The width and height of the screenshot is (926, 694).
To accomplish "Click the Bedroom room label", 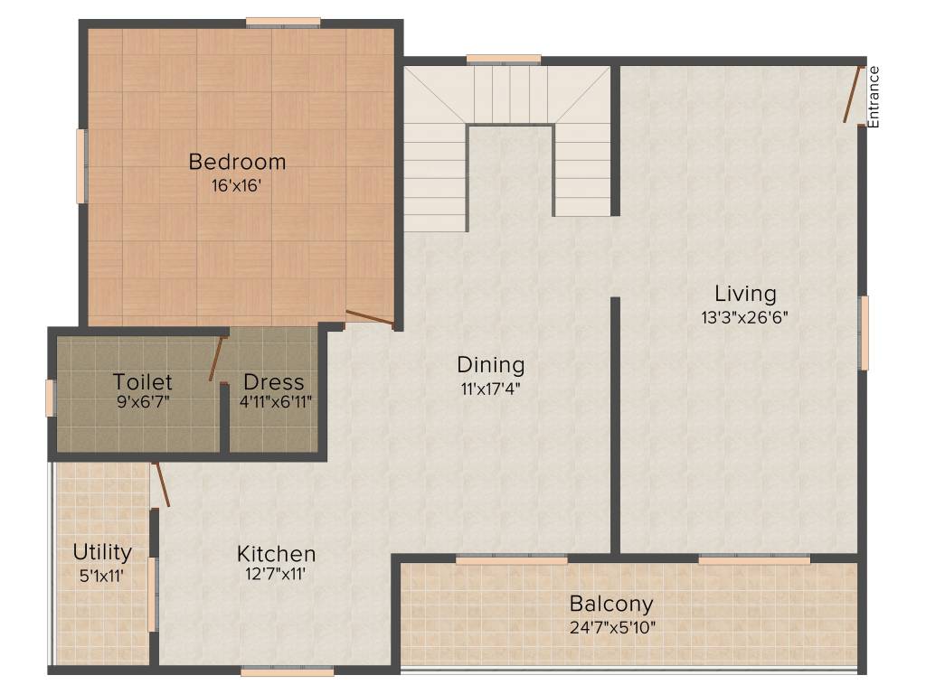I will pos(237,163).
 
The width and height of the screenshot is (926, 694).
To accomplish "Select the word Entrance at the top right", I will pos(874,96).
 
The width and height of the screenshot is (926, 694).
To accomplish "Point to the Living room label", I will pos(745,294).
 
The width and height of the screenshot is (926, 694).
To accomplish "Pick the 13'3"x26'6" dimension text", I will pos(745,317).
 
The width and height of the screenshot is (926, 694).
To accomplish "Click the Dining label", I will pos(490,365).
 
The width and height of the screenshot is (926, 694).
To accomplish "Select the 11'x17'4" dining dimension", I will pos(490,389).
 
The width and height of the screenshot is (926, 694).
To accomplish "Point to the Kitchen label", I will pos(276,554).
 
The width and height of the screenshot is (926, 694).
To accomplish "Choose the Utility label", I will pos(102,551).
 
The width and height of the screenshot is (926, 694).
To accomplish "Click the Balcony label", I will pos(611,604).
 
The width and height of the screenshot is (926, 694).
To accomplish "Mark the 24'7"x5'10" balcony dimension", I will pos(611,626).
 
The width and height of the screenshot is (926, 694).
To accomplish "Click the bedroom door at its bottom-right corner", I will pos(370,318).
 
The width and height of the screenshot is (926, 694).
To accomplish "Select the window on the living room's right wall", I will pos(864,333).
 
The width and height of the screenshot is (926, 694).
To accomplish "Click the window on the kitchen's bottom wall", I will pos(288,671).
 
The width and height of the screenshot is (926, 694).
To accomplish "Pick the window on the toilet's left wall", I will pos(51,398).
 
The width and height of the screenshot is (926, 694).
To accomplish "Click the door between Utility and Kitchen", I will pos(161,483).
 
